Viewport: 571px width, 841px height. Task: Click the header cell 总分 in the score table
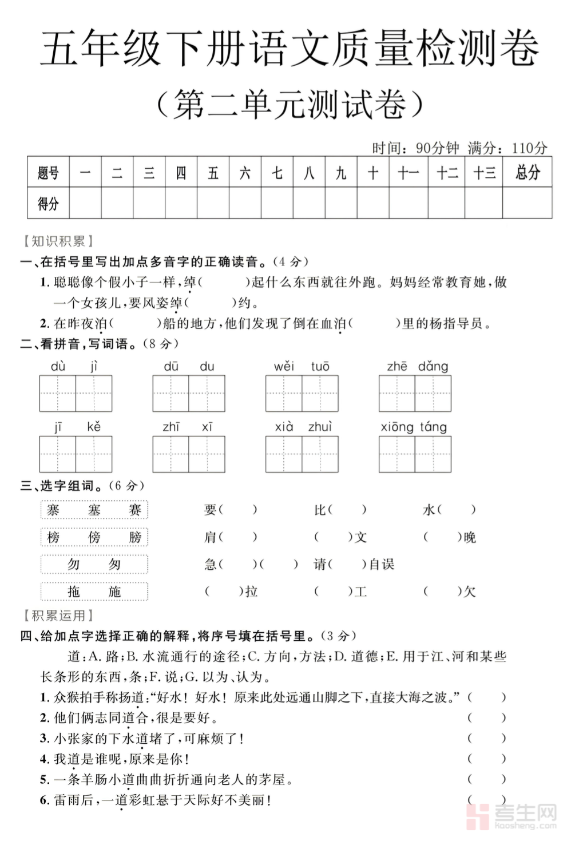click(527, 172)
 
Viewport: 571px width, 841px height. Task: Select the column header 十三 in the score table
click(483, 172)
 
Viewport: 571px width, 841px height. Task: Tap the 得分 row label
click(48, 203)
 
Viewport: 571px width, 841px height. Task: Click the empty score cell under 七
click(277, 203)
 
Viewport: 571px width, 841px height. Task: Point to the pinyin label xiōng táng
click(414, 427)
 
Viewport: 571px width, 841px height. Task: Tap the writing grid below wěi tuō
click(302, 394)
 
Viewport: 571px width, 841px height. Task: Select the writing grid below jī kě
click(76, 454)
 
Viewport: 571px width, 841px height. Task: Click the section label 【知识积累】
click(58, 241)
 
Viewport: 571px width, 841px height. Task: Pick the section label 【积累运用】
click(58, 616)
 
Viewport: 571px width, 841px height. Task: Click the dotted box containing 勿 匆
click(94, 564)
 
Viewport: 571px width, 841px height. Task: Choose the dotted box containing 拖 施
click(94, 592)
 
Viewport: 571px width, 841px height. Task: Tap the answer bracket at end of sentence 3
click(486, 738)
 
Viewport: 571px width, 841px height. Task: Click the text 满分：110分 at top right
click(507, 148)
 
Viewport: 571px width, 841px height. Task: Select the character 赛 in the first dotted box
click(135, 510)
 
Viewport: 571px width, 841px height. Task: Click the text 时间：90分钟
click(415, 148)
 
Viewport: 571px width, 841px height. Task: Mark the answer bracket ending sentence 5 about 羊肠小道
click(486, 779)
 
